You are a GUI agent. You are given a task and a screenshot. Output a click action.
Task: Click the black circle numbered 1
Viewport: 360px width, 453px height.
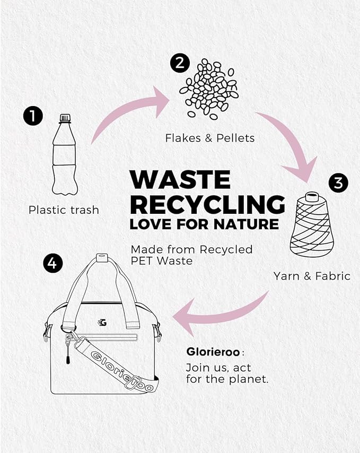click(33, 116)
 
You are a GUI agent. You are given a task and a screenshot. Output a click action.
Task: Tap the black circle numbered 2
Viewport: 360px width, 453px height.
click(180, 63)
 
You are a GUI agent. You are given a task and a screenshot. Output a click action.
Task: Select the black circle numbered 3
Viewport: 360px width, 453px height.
click(338, 183)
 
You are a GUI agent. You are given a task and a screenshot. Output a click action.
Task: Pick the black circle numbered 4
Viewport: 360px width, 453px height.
click(52, 263)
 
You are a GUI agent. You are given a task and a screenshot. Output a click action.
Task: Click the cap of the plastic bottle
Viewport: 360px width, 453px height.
click(65, 118)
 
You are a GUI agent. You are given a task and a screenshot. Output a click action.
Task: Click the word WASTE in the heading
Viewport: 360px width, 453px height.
click(180, 180)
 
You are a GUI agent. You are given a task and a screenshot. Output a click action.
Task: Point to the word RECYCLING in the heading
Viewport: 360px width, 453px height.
click(208, 204)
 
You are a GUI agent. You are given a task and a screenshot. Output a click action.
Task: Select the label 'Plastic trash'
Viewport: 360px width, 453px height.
click(64, 210)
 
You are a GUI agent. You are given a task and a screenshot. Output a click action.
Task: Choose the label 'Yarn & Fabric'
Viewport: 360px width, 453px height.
click(312, 276)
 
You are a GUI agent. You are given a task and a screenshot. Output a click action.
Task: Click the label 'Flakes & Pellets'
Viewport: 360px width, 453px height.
click(210, 138)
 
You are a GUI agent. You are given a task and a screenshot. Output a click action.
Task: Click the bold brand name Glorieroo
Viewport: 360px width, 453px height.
click(213, 352)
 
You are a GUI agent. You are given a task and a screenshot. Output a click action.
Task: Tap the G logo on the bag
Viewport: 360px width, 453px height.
click(102, 322)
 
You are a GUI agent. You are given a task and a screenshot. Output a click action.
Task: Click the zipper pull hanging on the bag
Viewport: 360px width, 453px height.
click(68, 351)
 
